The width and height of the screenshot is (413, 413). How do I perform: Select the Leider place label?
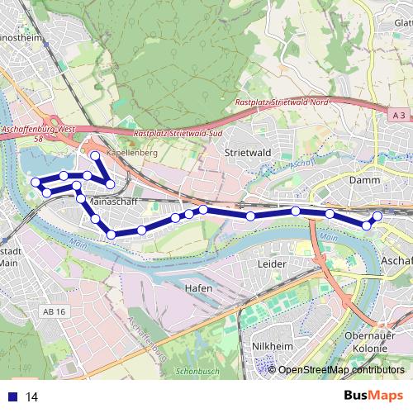pos(272,263)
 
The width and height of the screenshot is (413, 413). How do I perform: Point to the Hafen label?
pos(199,288)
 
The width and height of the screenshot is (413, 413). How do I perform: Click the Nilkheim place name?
pos(272,347)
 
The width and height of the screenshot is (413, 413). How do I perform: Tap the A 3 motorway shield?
pos(400,116)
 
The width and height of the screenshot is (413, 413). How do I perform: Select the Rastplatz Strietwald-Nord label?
pos(282,100)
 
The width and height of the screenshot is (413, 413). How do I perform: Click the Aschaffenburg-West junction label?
pos(39,130)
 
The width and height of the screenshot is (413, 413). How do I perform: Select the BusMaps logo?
pos(373,396)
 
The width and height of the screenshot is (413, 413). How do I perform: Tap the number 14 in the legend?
pos(32,397)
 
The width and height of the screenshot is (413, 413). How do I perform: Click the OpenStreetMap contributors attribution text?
pos(341,369)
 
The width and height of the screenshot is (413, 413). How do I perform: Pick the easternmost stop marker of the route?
pos(377,216)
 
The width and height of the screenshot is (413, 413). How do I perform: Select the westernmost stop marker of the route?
pos(36,182)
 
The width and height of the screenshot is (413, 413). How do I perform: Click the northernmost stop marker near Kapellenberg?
pos(95,156)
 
